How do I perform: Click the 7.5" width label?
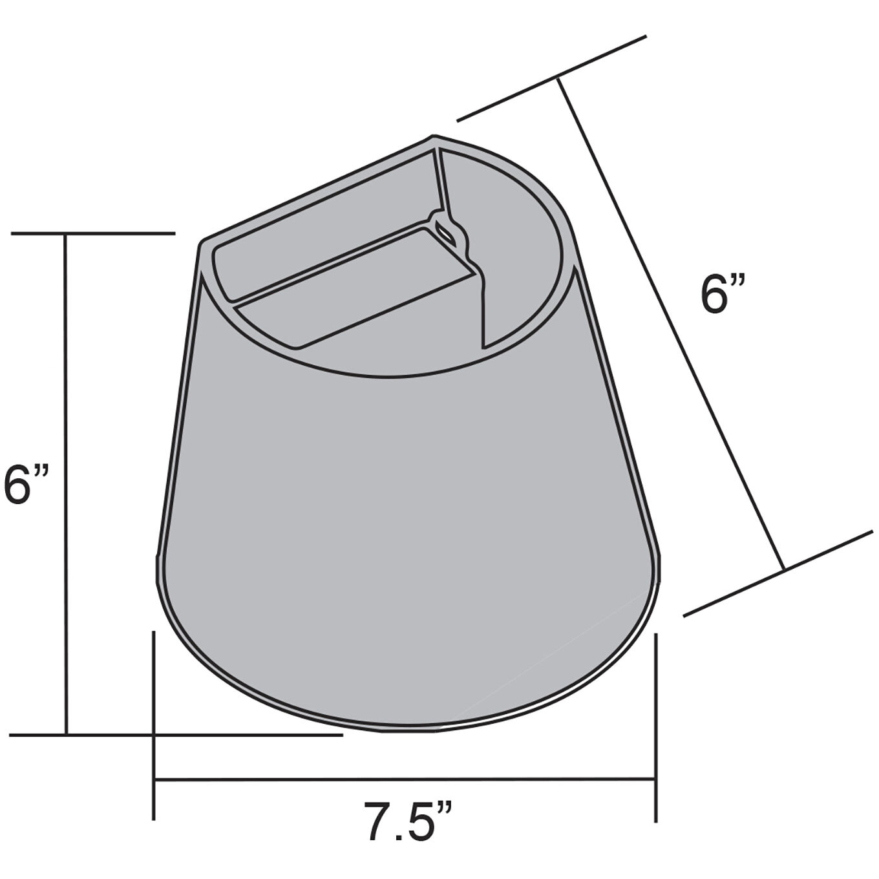coord(407,821)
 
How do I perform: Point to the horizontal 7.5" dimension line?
coord(406,779)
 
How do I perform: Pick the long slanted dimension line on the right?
coord(672,323)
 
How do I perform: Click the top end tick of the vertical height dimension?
coord(93,233)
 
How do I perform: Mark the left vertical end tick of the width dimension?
coord(154,724)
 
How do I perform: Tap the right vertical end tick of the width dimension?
coord(656,727)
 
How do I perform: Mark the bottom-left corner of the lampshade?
coord(157,556)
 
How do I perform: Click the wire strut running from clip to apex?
coord(440,181)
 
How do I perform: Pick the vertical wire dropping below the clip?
coord(482,304)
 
